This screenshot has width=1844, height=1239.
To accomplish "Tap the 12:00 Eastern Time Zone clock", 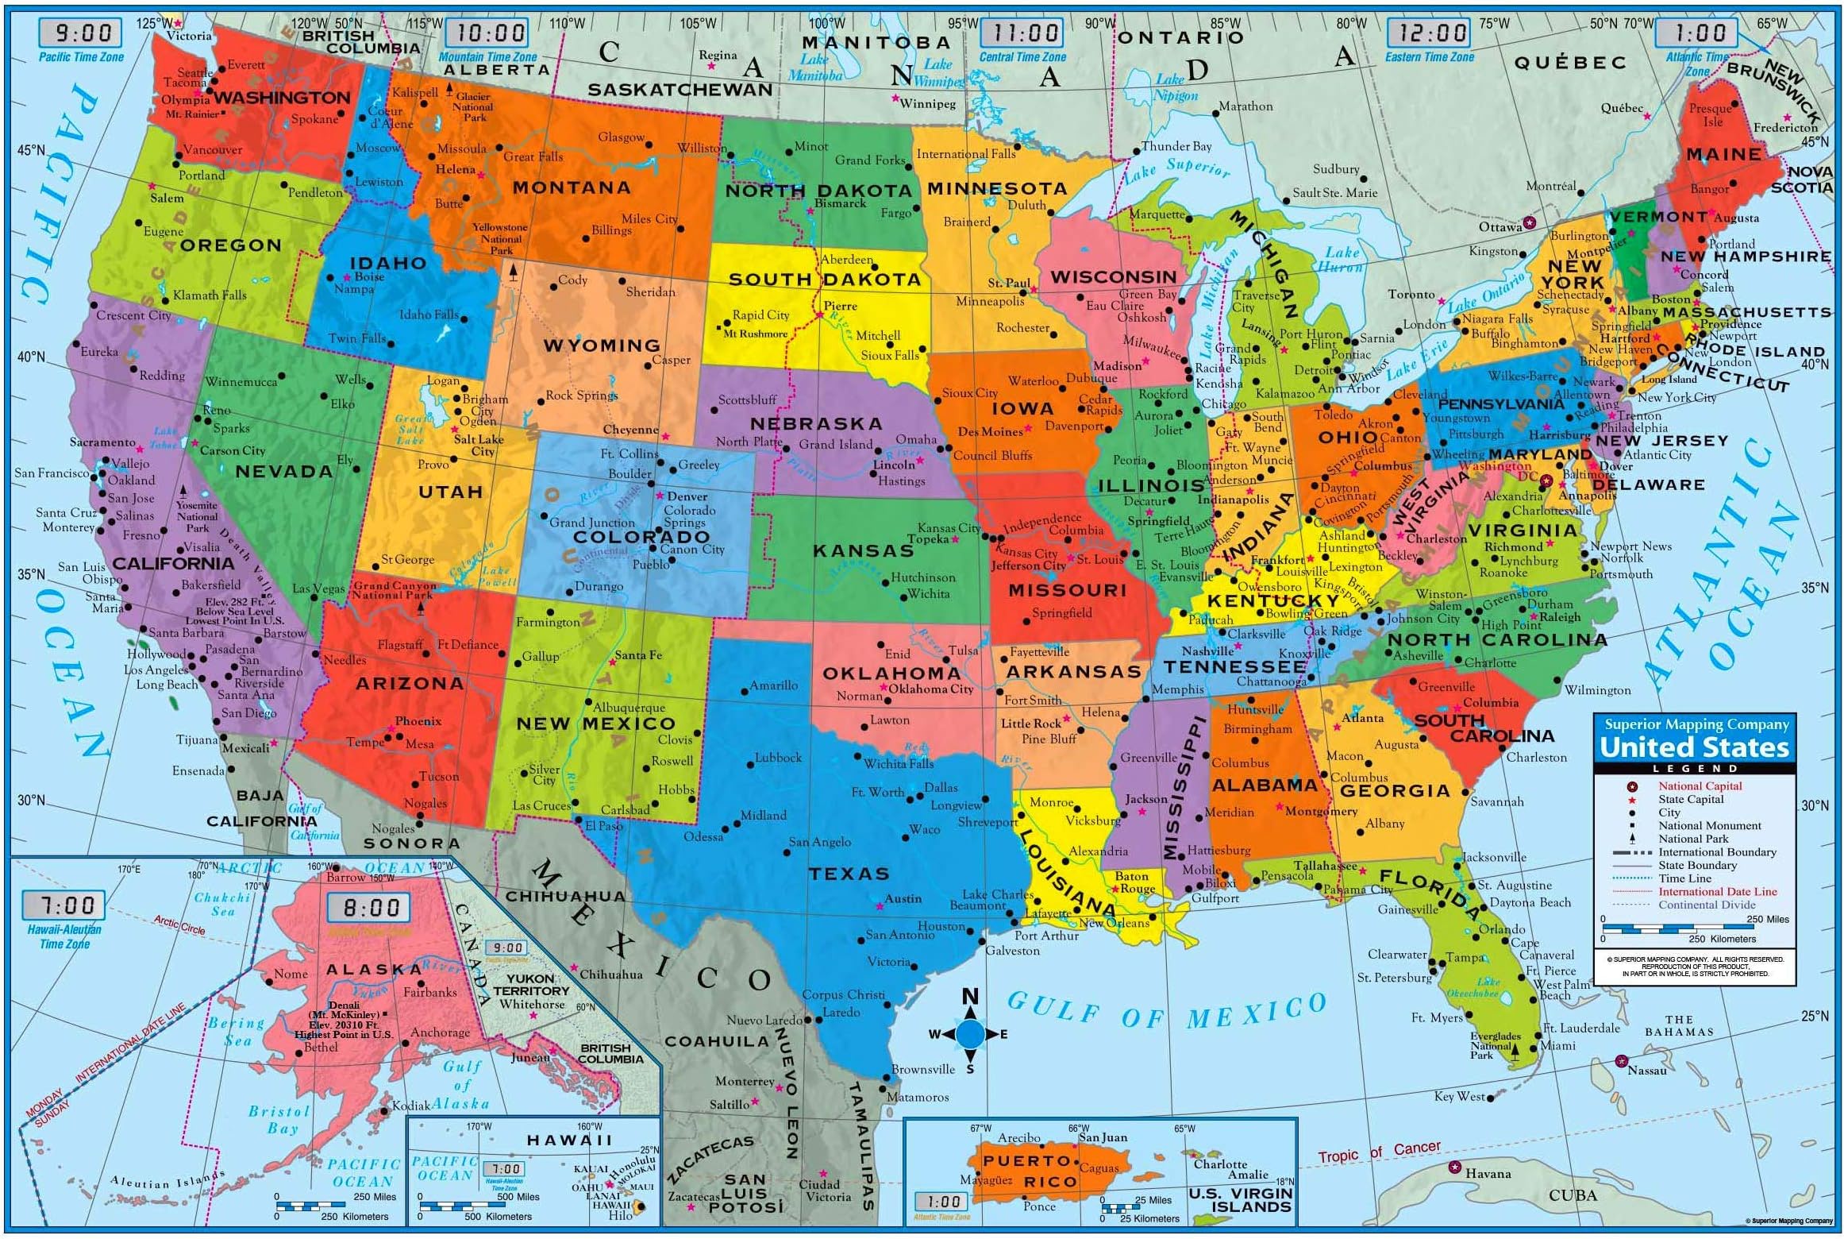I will [x=1428, y=33].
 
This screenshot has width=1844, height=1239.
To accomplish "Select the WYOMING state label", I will [x=601, y=345].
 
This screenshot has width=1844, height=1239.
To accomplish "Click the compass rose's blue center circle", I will [x=970, y=1034].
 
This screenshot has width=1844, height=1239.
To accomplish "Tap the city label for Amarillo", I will [x=773, y=685].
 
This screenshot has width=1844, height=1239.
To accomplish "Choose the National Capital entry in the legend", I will [x=1700, y=785].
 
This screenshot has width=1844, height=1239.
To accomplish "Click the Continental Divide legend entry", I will [x=1707, y=905].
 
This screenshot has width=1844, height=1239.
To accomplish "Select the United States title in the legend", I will [x=1694, y=747].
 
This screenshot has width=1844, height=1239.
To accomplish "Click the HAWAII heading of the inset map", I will [x=569, y=1140].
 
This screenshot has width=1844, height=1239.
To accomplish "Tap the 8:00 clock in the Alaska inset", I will [x=370, y=907].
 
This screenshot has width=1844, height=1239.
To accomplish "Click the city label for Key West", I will [x=1459, y=1097].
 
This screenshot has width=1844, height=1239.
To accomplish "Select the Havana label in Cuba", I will [x=1488, y=1173].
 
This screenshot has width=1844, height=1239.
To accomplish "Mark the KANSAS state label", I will [x=863, y=550].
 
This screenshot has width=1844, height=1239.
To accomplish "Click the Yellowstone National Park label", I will [x=501, y=238].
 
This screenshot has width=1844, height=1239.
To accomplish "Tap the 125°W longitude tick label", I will [x=153, y=23].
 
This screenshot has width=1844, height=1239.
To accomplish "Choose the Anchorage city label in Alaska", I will [x=440, y=1032].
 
